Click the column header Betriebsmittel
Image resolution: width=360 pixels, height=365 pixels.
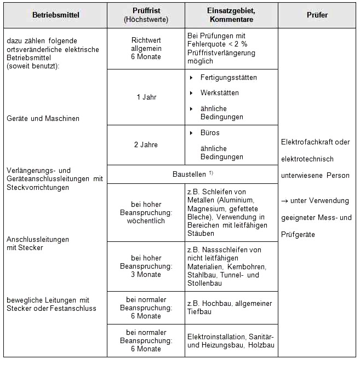(56, 15)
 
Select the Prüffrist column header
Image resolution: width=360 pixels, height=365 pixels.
(146, 15)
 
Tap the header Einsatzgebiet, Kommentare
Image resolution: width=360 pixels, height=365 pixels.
(231, 15)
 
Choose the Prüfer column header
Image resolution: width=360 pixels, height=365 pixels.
(317, 15)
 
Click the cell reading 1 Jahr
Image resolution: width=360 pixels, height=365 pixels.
(146, 97)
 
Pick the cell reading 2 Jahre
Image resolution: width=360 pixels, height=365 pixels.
(146, 145)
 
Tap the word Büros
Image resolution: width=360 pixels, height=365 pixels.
(210, 133)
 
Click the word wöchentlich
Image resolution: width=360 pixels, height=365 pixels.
(146, 221)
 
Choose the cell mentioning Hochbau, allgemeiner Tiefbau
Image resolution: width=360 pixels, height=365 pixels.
(229, 308)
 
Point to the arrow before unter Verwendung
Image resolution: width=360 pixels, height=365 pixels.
(285, 201)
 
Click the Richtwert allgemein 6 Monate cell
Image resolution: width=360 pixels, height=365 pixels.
(146, 48)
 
